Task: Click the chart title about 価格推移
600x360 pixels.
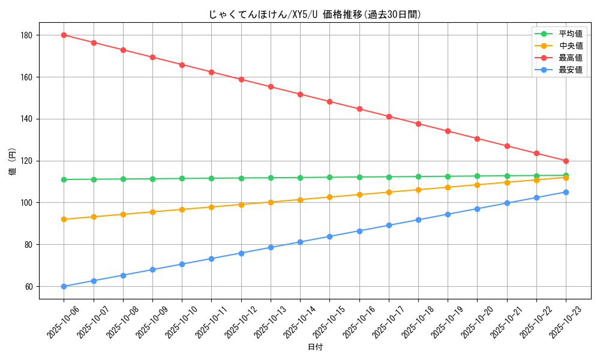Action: click(x=315, y=14)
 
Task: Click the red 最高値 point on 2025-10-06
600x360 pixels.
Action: click(x=64, y=35)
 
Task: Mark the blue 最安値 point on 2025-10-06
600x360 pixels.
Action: click(x=64, y=286)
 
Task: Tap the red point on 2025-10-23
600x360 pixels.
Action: click(x=566, y=161)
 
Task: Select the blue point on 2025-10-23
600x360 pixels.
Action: click(x=566, y=192)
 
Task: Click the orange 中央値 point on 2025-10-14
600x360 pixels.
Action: click(x=300, y=200)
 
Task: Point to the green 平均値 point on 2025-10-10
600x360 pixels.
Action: click(x=182, y=178)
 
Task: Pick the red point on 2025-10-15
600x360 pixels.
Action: click(x=329, y=101)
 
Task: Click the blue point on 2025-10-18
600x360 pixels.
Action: click(x=418, y=220)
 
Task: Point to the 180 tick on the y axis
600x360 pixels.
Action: click(x=27, y=35)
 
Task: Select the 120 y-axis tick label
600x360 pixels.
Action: click(x=27, y=161)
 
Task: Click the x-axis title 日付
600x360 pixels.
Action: click(x=315, y=347)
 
